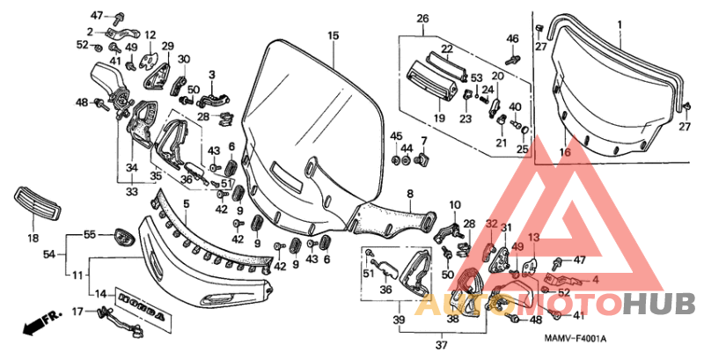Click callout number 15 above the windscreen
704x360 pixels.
tap(333, 35)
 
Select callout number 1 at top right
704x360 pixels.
tap(618, 23)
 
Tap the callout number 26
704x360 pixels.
tap(422, 19)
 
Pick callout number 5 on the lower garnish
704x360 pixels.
tap(186, 204)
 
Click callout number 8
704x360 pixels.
tap(409, 193)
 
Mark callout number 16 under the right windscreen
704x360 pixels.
tap(565, 152)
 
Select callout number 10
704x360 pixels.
tap(454, 205)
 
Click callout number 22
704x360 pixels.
tap(446, 48)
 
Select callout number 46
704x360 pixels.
tap(513, 38)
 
